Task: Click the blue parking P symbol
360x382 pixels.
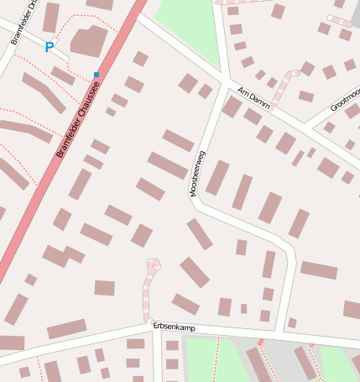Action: pyautogui.click(x=49, y=48)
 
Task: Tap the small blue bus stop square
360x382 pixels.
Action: pyautogui.click(x=97, y=75)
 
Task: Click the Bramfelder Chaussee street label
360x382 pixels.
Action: pyautogui.click(x=83, y=118)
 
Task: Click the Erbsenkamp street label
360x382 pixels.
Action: pyautogui.click(x=174, y=327)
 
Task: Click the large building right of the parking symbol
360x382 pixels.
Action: pyautogui.click(x=88, y=40)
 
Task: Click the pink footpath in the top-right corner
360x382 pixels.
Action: pyautogui.click(x=339, y=20)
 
